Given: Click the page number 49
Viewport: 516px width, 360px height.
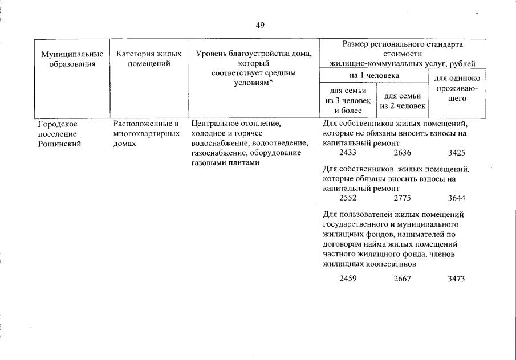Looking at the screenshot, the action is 260,25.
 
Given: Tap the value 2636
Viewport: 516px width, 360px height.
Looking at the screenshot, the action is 402,153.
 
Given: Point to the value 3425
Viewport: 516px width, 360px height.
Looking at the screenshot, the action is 457,153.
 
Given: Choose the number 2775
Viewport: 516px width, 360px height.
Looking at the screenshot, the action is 402,198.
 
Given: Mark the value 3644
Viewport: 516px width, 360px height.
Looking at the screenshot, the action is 457,198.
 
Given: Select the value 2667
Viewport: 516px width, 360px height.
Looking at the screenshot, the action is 402,279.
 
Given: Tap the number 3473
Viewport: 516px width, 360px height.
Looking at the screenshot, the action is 457,279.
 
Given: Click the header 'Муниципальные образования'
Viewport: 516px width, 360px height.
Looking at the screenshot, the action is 72,59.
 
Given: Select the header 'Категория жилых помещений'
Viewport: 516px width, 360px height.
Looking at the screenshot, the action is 148,59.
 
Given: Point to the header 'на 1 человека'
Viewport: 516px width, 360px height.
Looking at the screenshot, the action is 374,75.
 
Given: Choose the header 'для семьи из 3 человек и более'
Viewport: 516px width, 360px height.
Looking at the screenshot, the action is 348,100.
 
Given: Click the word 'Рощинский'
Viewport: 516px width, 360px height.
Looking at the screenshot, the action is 59,144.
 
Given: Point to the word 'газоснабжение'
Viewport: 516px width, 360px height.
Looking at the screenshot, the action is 217,153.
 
